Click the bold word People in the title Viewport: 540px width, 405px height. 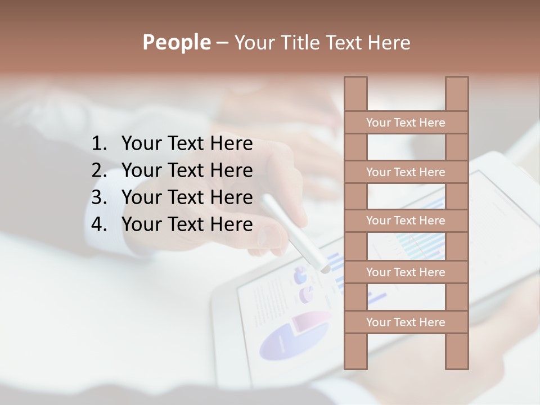point(177,42)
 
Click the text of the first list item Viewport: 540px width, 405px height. point(187,144)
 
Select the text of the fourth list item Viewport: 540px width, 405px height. point(187,224)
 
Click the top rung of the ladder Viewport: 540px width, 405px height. point(406,123)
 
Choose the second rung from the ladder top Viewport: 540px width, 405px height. point(406,172)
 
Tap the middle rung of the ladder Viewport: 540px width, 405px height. point(406,220)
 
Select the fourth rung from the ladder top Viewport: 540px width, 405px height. point(406,272)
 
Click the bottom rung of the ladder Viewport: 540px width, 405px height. point(406,322)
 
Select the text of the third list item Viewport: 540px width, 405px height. point(187,197)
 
